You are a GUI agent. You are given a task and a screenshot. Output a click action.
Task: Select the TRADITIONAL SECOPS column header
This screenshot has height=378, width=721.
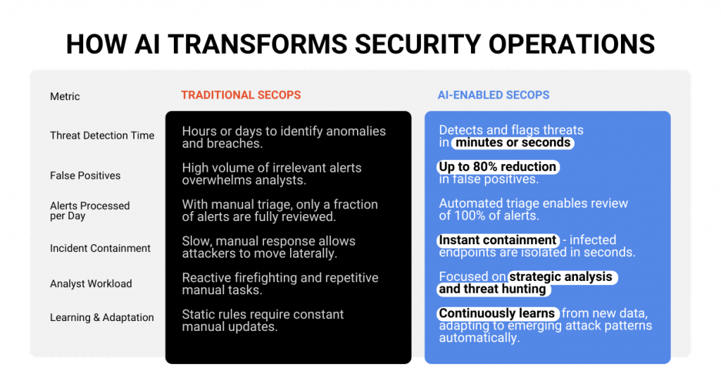click(x=241, y=95)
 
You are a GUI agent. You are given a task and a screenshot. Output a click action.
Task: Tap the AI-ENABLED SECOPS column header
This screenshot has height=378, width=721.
click(x=494, y=95)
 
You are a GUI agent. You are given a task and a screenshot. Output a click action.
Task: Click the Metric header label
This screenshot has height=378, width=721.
click(x=65, y=96)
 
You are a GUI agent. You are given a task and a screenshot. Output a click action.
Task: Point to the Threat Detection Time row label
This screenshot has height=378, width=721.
click(x=102, y=136)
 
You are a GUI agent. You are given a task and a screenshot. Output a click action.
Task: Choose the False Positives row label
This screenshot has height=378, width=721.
click(x=85, y=176)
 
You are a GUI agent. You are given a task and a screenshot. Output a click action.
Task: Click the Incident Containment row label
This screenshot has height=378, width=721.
click(x=100, y=248)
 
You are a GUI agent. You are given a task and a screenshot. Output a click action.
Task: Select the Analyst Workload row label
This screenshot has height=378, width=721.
click(x=91, y=284)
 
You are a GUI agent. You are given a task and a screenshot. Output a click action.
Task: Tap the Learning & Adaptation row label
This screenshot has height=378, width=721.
click(x=102, y=317)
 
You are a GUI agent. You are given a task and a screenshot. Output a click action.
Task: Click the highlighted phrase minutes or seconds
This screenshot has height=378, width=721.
click(x=513, y=143)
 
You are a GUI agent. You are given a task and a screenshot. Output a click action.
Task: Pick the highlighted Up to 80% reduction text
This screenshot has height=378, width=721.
click(x=498, y=166)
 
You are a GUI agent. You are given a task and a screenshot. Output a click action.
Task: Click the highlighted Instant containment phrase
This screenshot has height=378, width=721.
click(x=498, y=240)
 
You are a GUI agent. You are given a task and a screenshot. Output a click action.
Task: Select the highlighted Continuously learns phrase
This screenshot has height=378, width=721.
click(x=497, y=314)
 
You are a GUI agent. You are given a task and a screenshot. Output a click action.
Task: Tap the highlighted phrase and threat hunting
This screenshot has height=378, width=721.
click(x=492, y=289)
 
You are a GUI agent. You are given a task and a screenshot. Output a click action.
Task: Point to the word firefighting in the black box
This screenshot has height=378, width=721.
click(x=266, y=278)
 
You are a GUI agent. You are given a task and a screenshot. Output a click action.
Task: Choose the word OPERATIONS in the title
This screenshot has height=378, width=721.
click(x=572, y=44)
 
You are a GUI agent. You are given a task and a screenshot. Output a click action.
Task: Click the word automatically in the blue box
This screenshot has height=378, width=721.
click(x=479, y=338)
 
